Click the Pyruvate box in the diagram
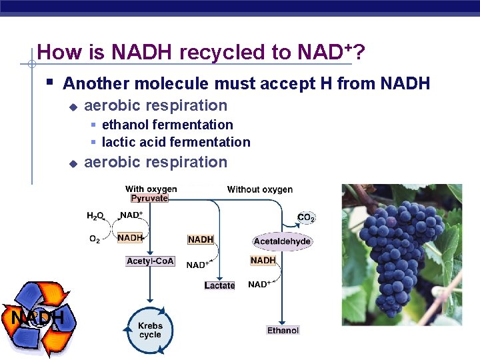click(x=149, y=198)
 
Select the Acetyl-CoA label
click(x=150, y=261)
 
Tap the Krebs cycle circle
click(x=150, y=330)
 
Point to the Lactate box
click(x=219, y=285)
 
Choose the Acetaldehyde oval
click(x=282, y=241)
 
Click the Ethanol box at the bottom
click(x=283, y=331)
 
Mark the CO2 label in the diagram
click(x=306, y=218)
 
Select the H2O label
click(x=95, y=216)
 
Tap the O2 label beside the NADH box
click(x=95, y=239)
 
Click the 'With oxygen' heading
click(x=151, y=189)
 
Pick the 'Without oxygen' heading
click(x=259, y=189)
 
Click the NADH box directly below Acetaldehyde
click(x=263, y=260)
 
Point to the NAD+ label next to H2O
click(x=131, y=215)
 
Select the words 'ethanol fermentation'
click(x=167, y=125)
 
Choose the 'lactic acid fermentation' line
click(x=176, y=142)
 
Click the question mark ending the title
click(x=359, y=52)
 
